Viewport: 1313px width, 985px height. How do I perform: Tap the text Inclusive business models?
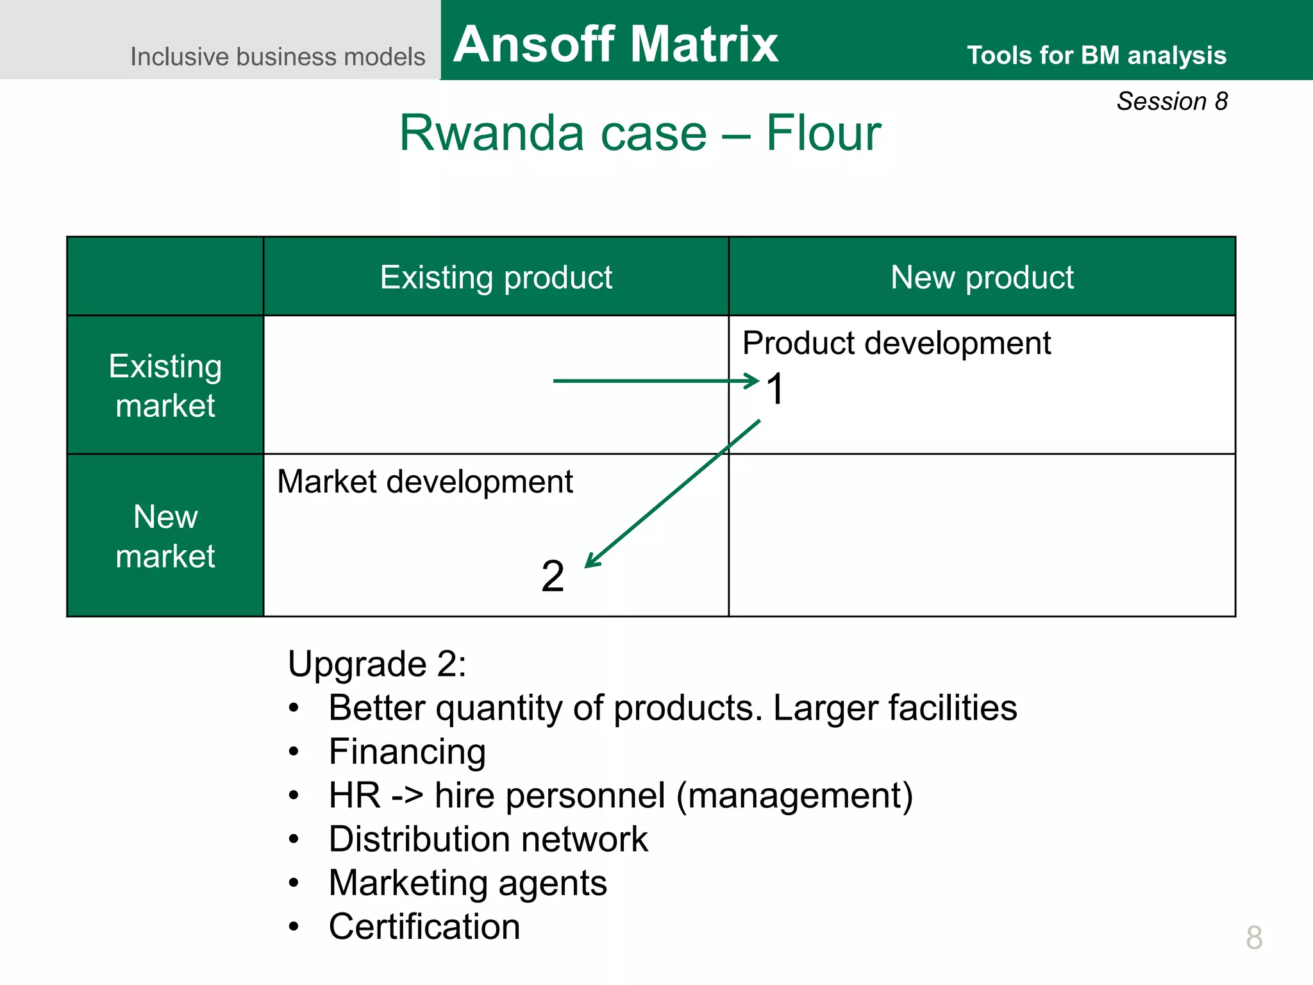(x=278, y=56)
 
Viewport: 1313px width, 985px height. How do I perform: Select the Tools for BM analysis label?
(x=1096, y=55)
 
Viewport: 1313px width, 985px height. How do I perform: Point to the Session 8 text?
(x=1172, y=101)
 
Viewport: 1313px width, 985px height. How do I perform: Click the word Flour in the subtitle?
(x=823, y=133)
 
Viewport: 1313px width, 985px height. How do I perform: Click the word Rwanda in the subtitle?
(x=490, y=133)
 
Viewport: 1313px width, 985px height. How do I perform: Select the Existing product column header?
(x=496, y=277)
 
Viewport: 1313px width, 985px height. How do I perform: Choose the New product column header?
(x=982, y=277)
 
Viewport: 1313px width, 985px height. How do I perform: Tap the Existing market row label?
(x=165, y=385)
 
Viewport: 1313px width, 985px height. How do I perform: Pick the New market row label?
(x=165, y=536)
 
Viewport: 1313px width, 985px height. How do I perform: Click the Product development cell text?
(x=896, y=343)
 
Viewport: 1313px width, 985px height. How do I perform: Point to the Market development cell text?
(x=424, y=482)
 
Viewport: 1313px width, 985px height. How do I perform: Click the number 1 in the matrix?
(x=776, y=389)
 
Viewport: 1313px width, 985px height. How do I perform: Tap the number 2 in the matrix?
(x=552, y=576)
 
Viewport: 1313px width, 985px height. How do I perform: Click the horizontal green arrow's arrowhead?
(x=753, y=381)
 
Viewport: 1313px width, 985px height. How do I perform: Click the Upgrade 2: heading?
(x=377, y=664)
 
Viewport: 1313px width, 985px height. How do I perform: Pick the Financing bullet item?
(x=407, y=751)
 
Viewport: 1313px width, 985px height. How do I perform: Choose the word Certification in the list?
(x=424, y=927)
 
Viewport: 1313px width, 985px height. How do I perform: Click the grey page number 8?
(x=1254, y=938)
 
